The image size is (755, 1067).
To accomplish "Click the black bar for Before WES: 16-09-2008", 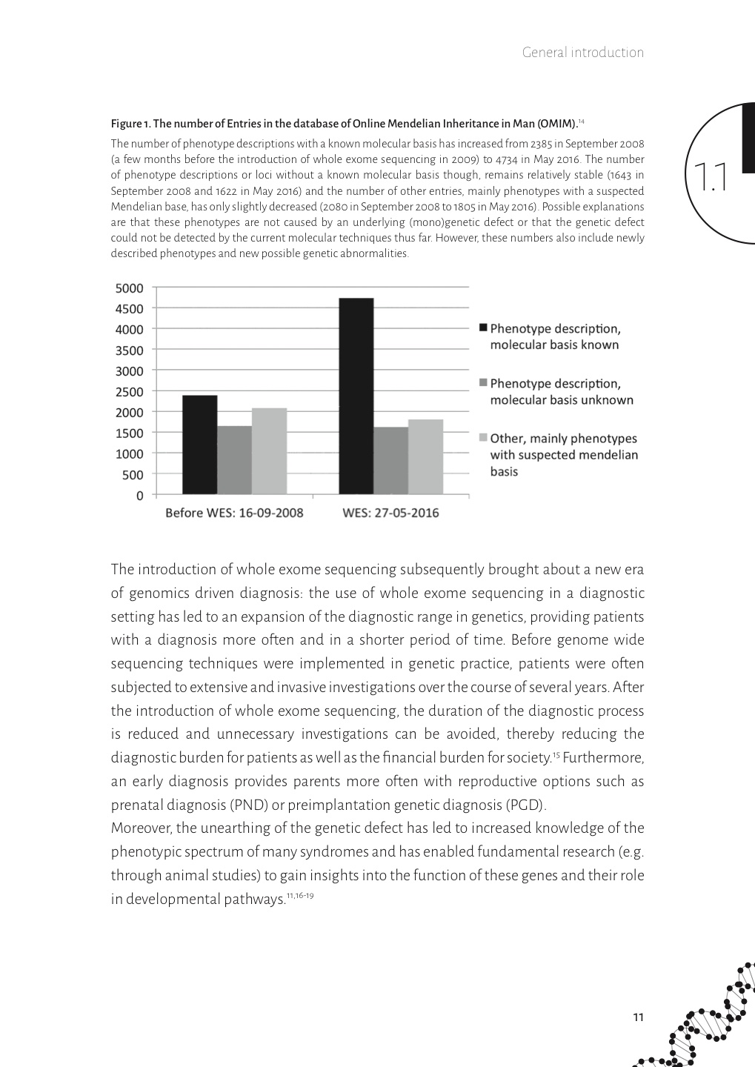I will click(x=199, y=445).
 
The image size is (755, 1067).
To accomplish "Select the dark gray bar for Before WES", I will click(x=234, y=460).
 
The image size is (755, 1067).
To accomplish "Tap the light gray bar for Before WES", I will click(x=269, y=451).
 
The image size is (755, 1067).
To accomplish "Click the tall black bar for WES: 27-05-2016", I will click(x=356, y=396).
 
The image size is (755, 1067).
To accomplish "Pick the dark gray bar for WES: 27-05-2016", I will click(x=390, y=461).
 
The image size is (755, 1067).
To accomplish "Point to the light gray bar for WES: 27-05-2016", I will click(x=425, y=457).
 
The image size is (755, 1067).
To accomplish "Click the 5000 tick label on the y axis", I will click(x=130, y=288).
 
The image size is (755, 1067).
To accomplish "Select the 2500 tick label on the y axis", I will click(x=130, y=392).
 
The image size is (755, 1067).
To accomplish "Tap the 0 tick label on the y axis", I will click(x=139, y=496).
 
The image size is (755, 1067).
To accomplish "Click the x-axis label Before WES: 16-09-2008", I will click(x=234, y=513).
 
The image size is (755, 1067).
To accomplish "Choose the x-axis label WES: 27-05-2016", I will click(x=390, y=513).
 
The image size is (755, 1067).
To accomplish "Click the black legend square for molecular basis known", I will click(x=484, y=328).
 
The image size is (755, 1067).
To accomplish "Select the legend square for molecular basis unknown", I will click(x=484, y=383).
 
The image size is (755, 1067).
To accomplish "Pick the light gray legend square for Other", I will click(x=484, y=438).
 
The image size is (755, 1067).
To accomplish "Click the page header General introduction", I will click(x=582, y=53).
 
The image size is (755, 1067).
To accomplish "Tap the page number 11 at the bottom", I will click(x=638, y=1017).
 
